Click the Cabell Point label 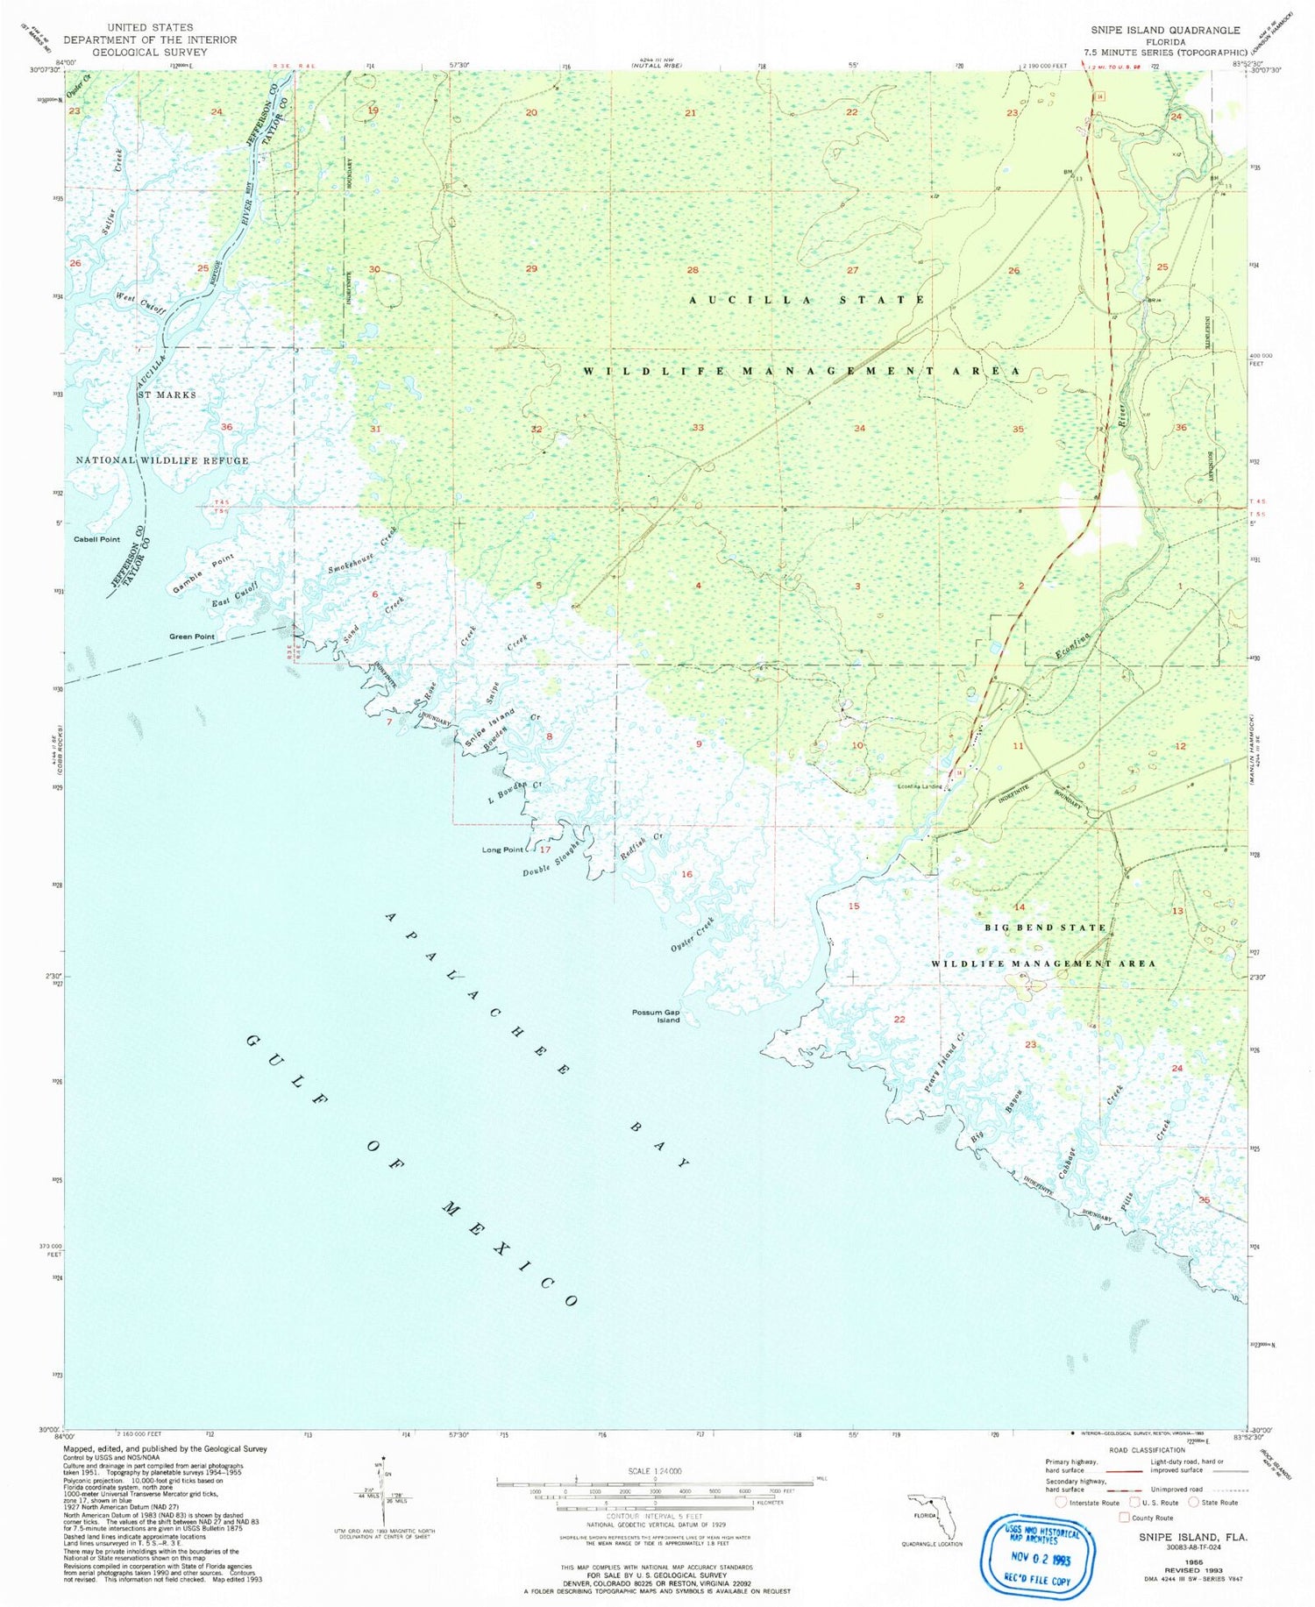97,539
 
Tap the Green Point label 192,636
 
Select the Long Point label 502,850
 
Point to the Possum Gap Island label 656,1016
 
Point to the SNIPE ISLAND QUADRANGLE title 1165,30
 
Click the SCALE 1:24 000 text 643,1470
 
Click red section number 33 698,428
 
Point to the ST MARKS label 167,395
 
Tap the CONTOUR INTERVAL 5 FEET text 643,1515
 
